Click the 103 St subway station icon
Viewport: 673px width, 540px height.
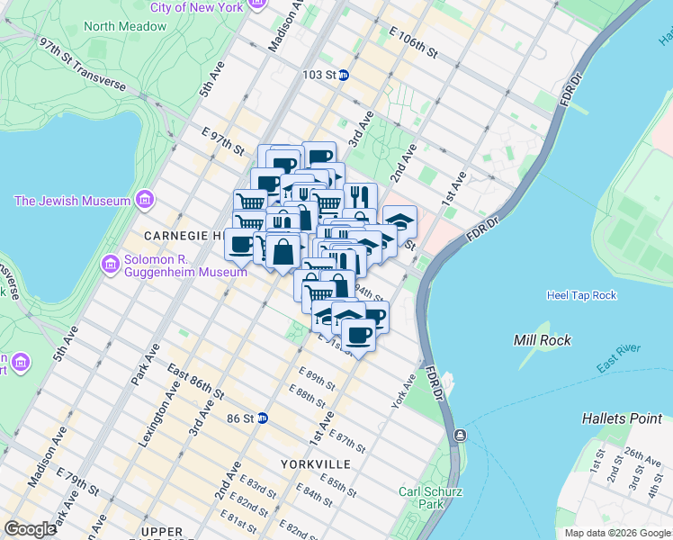344,76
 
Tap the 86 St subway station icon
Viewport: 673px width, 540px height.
263,418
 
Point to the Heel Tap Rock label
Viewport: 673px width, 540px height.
581,295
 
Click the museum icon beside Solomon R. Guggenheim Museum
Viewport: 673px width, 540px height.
112,264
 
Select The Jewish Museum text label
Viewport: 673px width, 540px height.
72,201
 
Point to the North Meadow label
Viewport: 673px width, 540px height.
125,26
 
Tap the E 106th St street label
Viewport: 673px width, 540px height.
413,41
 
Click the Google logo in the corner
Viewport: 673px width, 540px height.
30,529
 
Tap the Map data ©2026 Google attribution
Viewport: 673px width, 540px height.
616,533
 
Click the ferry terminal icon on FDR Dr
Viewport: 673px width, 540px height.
460,436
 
